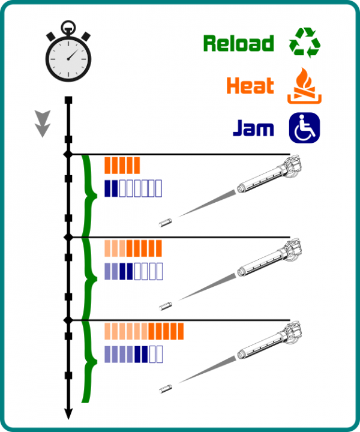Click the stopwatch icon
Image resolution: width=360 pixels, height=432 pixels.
(x=69, y=53)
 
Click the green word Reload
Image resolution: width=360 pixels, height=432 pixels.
(x=238, y=44)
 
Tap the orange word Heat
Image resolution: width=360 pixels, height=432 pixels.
(x=250, y=86)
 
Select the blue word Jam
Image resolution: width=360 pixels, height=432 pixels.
(x=253, y=128)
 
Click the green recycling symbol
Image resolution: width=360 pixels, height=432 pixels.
(x=305, y=44)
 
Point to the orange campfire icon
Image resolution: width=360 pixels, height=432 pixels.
(x=305, y=86)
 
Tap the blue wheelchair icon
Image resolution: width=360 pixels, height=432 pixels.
(x=305, y=128)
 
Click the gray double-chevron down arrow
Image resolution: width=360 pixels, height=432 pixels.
(x=42, y=123)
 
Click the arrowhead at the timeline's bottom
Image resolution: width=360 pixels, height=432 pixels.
(x=68, y=413)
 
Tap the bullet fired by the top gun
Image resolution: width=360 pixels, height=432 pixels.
(x=166, y=223)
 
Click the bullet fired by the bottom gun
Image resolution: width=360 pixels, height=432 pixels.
(x=166, y=389)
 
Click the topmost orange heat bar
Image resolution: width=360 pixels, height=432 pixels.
(x=122, y=165)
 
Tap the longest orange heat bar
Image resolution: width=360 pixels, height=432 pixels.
(x=144, y=331)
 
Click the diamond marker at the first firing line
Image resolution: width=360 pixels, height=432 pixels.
(x=68, y=154)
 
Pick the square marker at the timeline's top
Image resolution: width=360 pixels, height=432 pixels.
(x=68, y=100)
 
